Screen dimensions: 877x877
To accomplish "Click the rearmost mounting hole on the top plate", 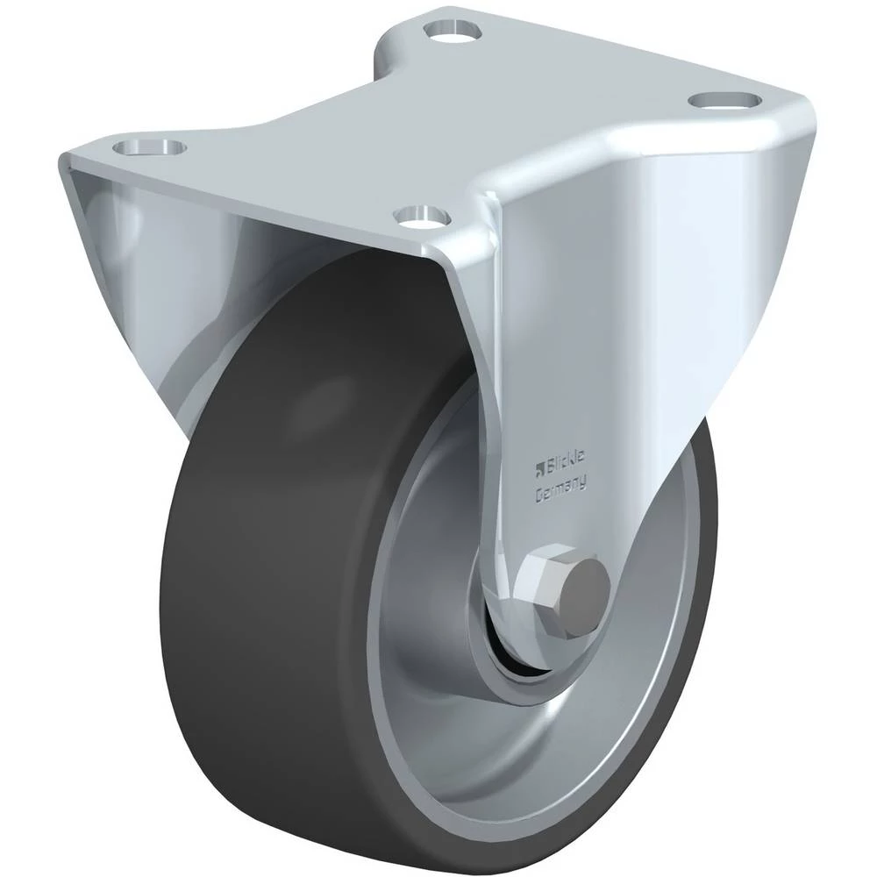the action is click(453, 29).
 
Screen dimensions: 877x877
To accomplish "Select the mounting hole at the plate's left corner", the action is click(149, 147).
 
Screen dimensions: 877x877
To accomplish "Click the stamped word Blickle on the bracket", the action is click(565, 463).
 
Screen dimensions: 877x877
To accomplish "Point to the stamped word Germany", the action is click(560, 487).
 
